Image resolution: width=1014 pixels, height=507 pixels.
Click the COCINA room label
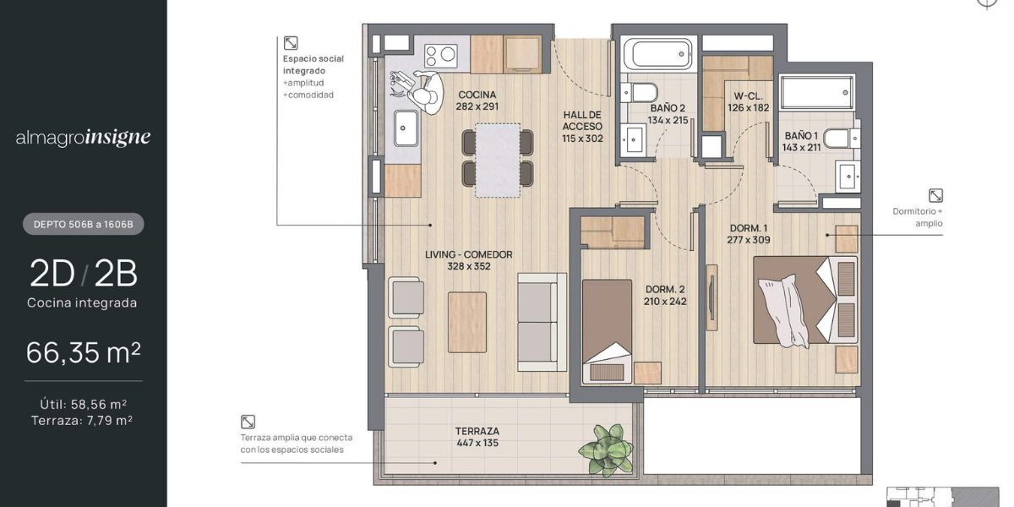[x=477, y=95]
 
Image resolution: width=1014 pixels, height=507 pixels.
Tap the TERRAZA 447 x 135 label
[x=477, y=438]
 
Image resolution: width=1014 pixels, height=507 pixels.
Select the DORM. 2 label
[x=665, y=289]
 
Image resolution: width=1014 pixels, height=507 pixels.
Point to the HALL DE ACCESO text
[x=582, y=121]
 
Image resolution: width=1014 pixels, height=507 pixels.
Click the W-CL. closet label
[x=749, y=96]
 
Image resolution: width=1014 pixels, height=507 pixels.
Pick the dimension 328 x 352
[x=469, y=267]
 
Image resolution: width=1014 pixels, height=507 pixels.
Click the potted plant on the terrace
[x=606, y=450]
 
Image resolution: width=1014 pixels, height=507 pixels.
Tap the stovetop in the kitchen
[x=441, y=57]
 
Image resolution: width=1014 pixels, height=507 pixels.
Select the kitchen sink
[x=406, y=128]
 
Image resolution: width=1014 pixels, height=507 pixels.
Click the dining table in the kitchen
[x=498, y=161]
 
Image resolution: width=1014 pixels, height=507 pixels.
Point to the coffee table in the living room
[x=467, y=322]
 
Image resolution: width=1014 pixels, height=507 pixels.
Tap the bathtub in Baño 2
[x=657, y=54]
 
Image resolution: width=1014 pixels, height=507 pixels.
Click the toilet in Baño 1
[x=841, y=139]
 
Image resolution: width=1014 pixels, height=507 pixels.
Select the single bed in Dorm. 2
[x=607, y=332]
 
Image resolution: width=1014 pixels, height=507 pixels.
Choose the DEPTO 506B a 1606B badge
[x=84, y=224]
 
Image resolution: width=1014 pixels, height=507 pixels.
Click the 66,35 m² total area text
[x=84, y=352]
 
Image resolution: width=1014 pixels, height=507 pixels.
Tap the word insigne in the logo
[x=117, y=137]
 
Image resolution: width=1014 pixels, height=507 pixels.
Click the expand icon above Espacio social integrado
[x=291, y=43]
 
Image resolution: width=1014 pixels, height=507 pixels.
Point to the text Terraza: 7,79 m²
[x=82, y=421]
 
